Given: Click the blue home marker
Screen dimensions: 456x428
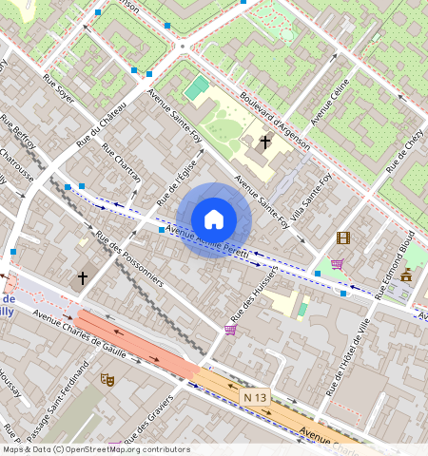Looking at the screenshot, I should [x=214, y=219].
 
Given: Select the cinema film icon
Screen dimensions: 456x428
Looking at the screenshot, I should [x=342, y=237].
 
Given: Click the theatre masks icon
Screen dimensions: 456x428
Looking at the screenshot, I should [x=107, y=379].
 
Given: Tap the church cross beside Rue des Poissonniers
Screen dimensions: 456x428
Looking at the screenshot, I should [x=83, y=278].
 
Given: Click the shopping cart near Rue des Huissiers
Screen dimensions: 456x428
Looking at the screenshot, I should [x=230, y=330].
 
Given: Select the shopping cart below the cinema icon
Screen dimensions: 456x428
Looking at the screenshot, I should [x=337, y=264].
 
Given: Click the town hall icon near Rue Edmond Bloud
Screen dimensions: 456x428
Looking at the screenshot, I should [x=406, y=275].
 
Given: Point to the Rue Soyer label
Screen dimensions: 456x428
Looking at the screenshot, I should [x=58, y=85].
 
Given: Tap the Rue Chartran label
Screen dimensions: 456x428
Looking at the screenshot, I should [x=121, y=164].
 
